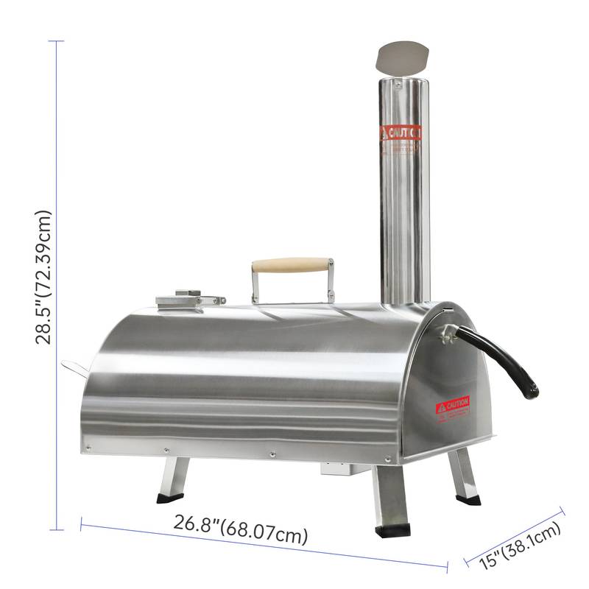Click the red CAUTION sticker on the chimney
[x=401, y=133]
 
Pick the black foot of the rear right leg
[x=468, y=499]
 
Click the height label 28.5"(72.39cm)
[x=44, y=277]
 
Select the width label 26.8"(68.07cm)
[x=241, y=529]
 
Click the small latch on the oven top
[x=188, y=299]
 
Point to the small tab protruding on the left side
[x=74, y=366]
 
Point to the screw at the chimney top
[x=398, y=85]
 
